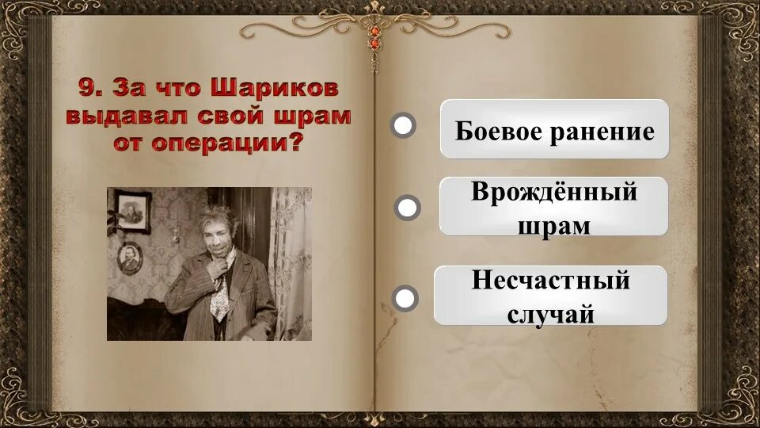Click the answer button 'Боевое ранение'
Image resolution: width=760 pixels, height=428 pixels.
coord(554,129)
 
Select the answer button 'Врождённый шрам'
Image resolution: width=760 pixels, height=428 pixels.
coord(554,206)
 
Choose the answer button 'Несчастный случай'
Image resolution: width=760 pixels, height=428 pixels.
coord(551,296)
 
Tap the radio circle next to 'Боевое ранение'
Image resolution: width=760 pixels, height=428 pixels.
coord(403,125)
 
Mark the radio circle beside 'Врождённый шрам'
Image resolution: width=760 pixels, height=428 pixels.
coord(407,208)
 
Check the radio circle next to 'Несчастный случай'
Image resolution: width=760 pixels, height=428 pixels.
coord(405,298)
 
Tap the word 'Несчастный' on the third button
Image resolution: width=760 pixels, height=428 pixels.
coord(551,281)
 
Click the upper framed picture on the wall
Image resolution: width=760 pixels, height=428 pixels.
coord(133,212)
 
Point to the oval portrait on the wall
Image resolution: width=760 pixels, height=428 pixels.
coord(129,256)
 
